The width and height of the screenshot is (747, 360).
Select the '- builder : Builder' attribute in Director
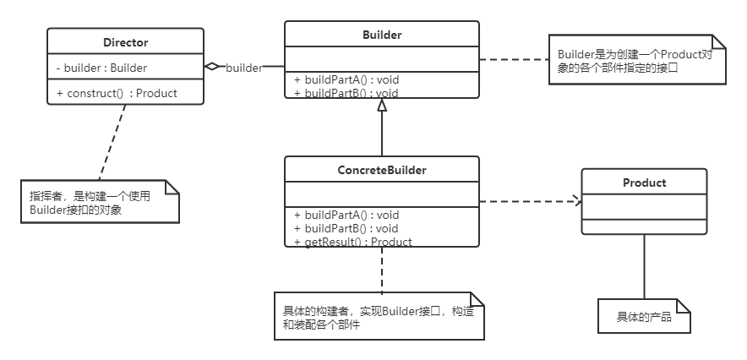(x=102, y=68)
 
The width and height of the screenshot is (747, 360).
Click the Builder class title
(x=381, y=35)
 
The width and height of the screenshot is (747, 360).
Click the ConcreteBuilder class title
(x=382, y=170)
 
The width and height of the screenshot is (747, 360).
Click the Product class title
(x=644, y=183)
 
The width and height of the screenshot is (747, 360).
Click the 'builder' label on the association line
(x=243, y=68)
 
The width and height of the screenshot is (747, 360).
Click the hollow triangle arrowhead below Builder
(x=382, y=106)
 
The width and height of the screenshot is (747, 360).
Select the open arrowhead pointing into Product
(x=576, y=201)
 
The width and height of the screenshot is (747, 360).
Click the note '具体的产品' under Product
(x=644, y=316)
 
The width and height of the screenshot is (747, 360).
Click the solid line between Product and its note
(x=644, y=266)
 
